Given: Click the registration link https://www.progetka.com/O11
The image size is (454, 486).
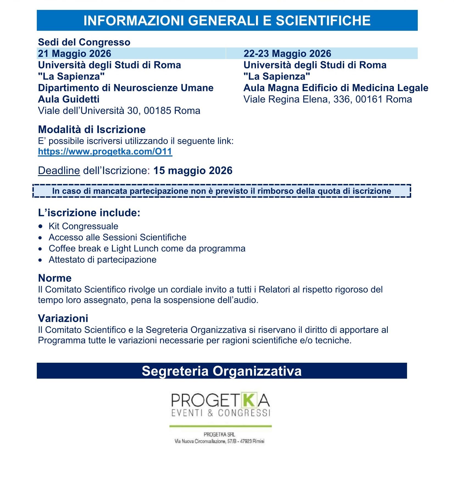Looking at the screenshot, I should [105, 152].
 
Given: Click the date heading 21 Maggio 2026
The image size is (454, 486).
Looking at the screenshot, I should [74, 54].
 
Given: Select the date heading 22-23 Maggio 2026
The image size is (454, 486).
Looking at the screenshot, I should [287, 54].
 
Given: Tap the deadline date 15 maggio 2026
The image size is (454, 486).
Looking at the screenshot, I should [193, 171].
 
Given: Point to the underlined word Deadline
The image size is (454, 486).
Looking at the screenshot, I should [59, 171].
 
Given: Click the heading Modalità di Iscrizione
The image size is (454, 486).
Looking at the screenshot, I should [92, 130].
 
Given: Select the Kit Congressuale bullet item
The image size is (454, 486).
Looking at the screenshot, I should [83, 226].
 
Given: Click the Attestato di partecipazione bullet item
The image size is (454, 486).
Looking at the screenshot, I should [102, 260].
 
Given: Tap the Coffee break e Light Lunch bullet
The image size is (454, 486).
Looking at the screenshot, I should [147, 248].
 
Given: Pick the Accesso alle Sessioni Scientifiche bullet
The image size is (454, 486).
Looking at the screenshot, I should [117, 238].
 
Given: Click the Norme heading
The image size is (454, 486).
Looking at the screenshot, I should [55, 278].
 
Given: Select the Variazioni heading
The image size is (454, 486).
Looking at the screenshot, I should [63, 319].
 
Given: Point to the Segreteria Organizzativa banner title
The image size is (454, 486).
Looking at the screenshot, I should [221, 371].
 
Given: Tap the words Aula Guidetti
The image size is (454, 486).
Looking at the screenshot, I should [69, 99].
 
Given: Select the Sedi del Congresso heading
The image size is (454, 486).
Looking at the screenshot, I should [84, 42].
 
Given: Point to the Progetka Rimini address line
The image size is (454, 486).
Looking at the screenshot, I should [219, 441].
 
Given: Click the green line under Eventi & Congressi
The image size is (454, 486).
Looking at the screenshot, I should [220, 426].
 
